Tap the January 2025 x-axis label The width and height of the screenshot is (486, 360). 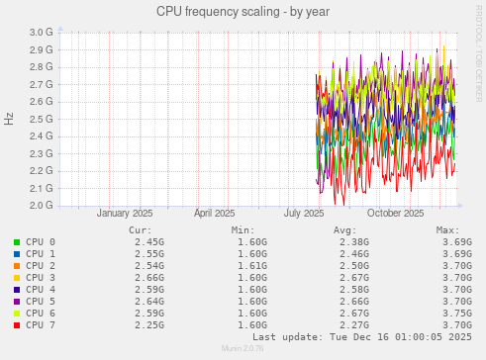125,214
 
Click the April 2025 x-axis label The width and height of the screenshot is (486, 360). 215,214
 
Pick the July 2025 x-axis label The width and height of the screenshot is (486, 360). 305,214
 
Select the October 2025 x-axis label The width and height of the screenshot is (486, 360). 396,214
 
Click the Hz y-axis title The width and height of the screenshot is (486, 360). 9,119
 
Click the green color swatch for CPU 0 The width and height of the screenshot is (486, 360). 17,242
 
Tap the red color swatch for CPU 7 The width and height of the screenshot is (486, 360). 17,325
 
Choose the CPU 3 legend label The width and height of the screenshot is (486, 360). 41,278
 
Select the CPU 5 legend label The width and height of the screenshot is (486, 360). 41,302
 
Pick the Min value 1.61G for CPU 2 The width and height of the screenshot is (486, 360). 252,266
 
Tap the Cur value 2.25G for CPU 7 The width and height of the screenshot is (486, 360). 149,325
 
